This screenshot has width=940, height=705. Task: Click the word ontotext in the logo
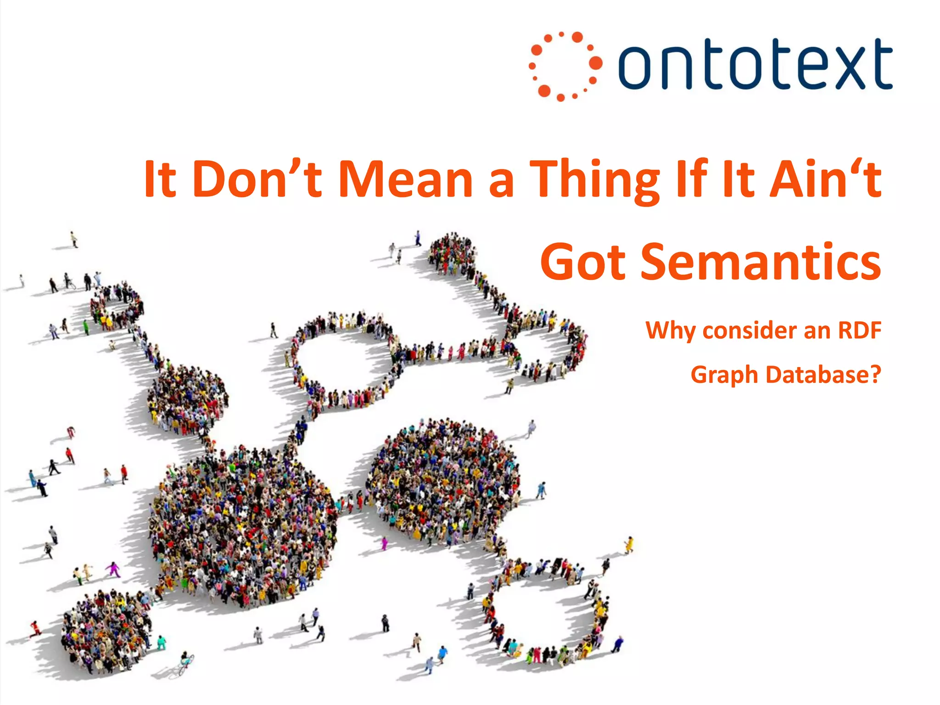point(755,64)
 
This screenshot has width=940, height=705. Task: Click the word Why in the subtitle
point(671,330)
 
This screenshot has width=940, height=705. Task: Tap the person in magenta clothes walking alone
point(113,570)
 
